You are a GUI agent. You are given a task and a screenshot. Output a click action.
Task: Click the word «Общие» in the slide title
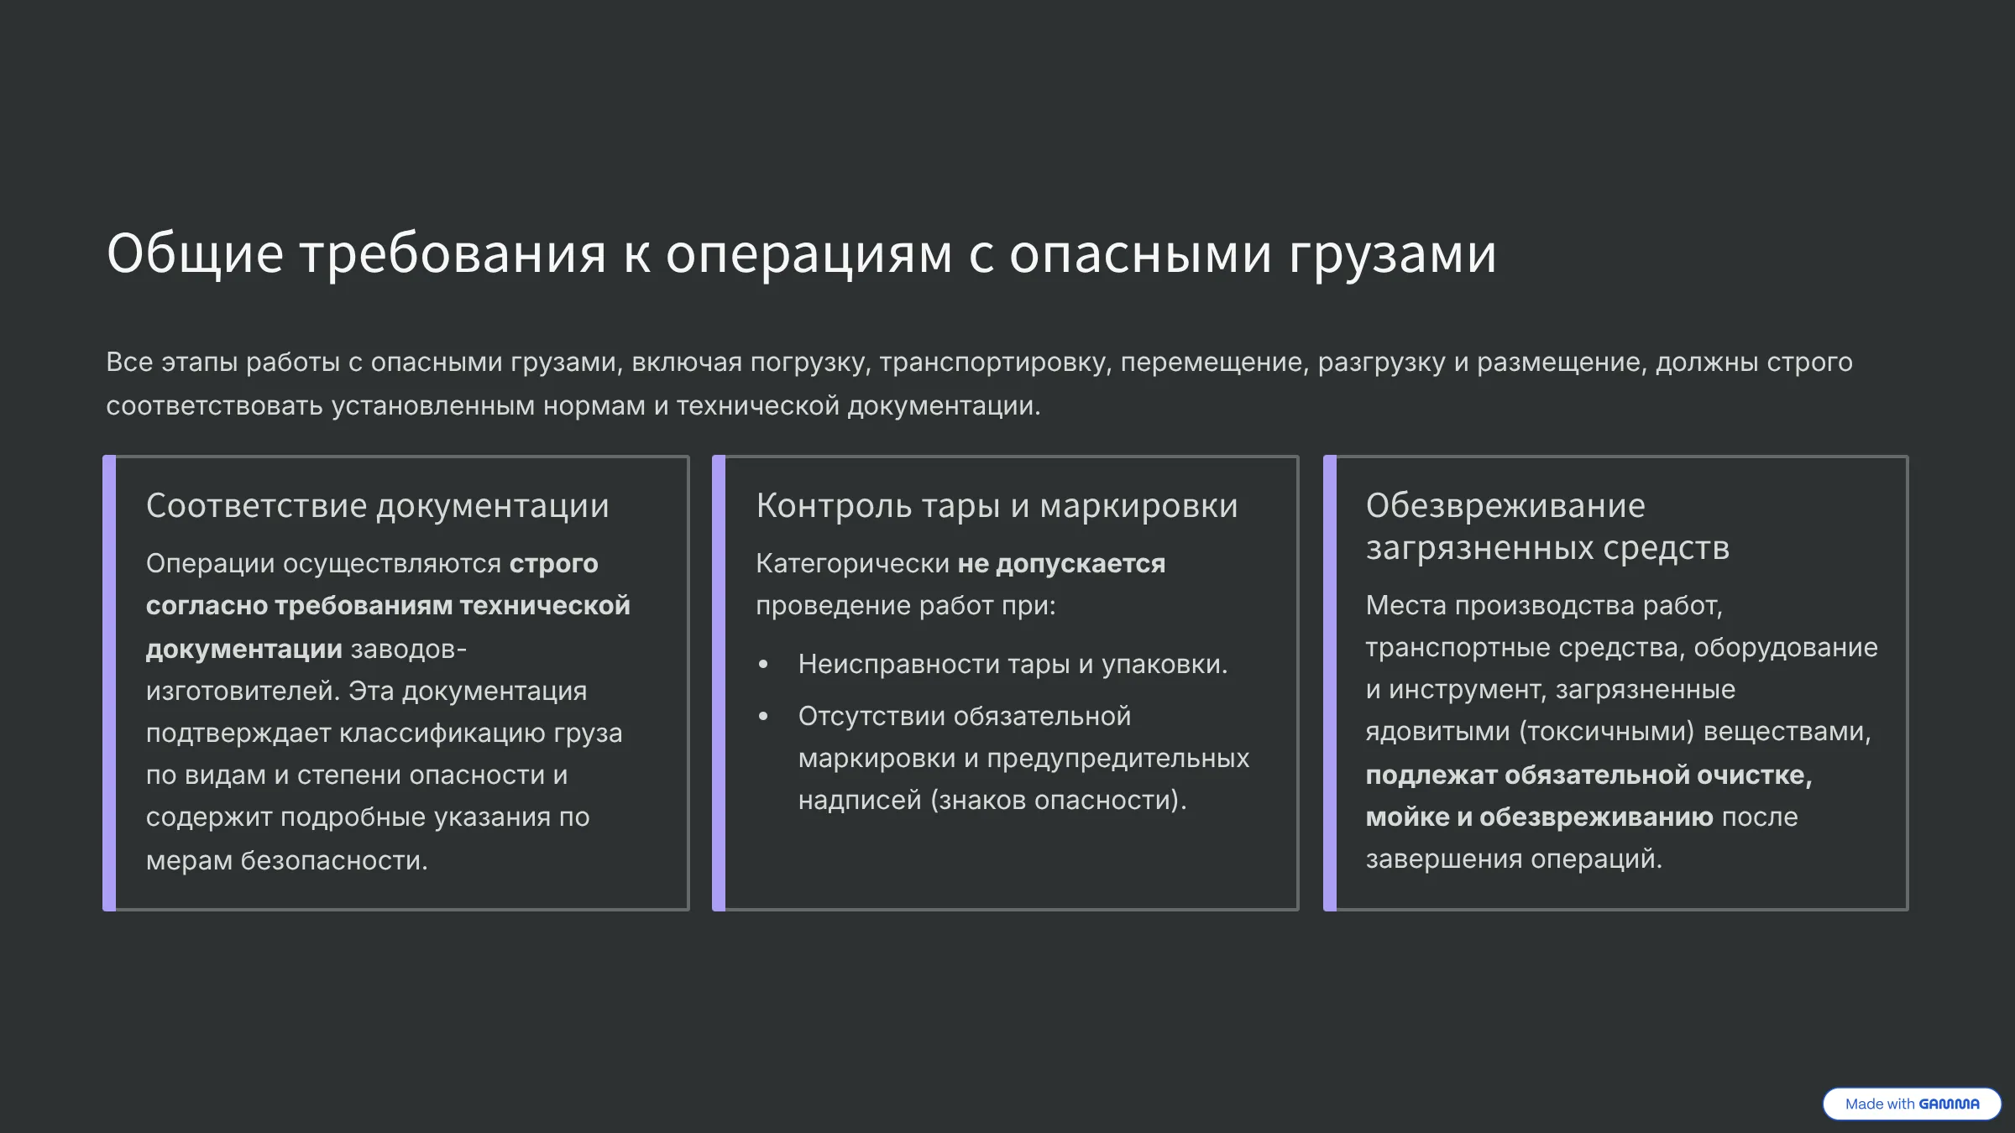[x=195, y=253]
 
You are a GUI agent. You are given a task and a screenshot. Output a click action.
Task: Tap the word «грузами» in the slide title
[x=1392, y=254]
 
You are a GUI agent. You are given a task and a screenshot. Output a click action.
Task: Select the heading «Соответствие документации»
[x=377, y=505]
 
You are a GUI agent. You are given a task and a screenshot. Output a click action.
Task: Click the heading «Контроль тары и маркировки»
[x=997, y=505]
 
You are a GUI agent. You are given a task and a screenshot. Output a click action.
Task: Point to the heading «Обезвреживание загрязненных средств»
[x=1547, y=526]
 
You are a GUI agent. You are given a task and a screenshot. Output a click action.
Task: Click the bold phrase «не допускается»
[x=1061, y=563]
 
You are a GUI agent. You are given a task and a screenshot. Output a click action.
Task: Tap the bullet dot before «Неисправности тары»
[x=763, y=665]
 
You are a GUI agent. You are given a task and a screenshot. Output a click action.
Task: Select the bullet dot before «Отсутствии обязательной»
[x=763, y=717]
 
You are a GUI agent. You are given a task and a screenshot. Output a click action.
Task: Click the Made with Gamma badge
[x=1912, y=1104]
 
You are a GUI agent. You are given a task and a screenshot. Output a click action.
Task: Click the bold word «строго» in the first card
[x=553, y=564]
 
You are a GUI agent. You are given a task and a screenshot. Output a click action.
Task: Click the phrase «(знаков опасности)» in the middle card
[x=1058, y=800]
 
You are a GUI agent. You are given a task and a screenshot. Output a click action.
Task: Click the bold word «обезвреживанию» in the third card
[x=1596, y=817]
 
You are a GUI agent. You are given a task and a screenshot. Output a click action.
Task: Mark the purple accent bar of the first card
[x=109, y=683]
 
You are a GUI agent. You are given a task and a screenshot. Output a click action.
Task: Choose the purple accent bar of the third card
[x=1330, y=683]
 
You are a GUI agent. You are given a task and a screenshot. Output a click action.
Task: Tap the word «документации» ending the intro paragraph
[x=944, y=406]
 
